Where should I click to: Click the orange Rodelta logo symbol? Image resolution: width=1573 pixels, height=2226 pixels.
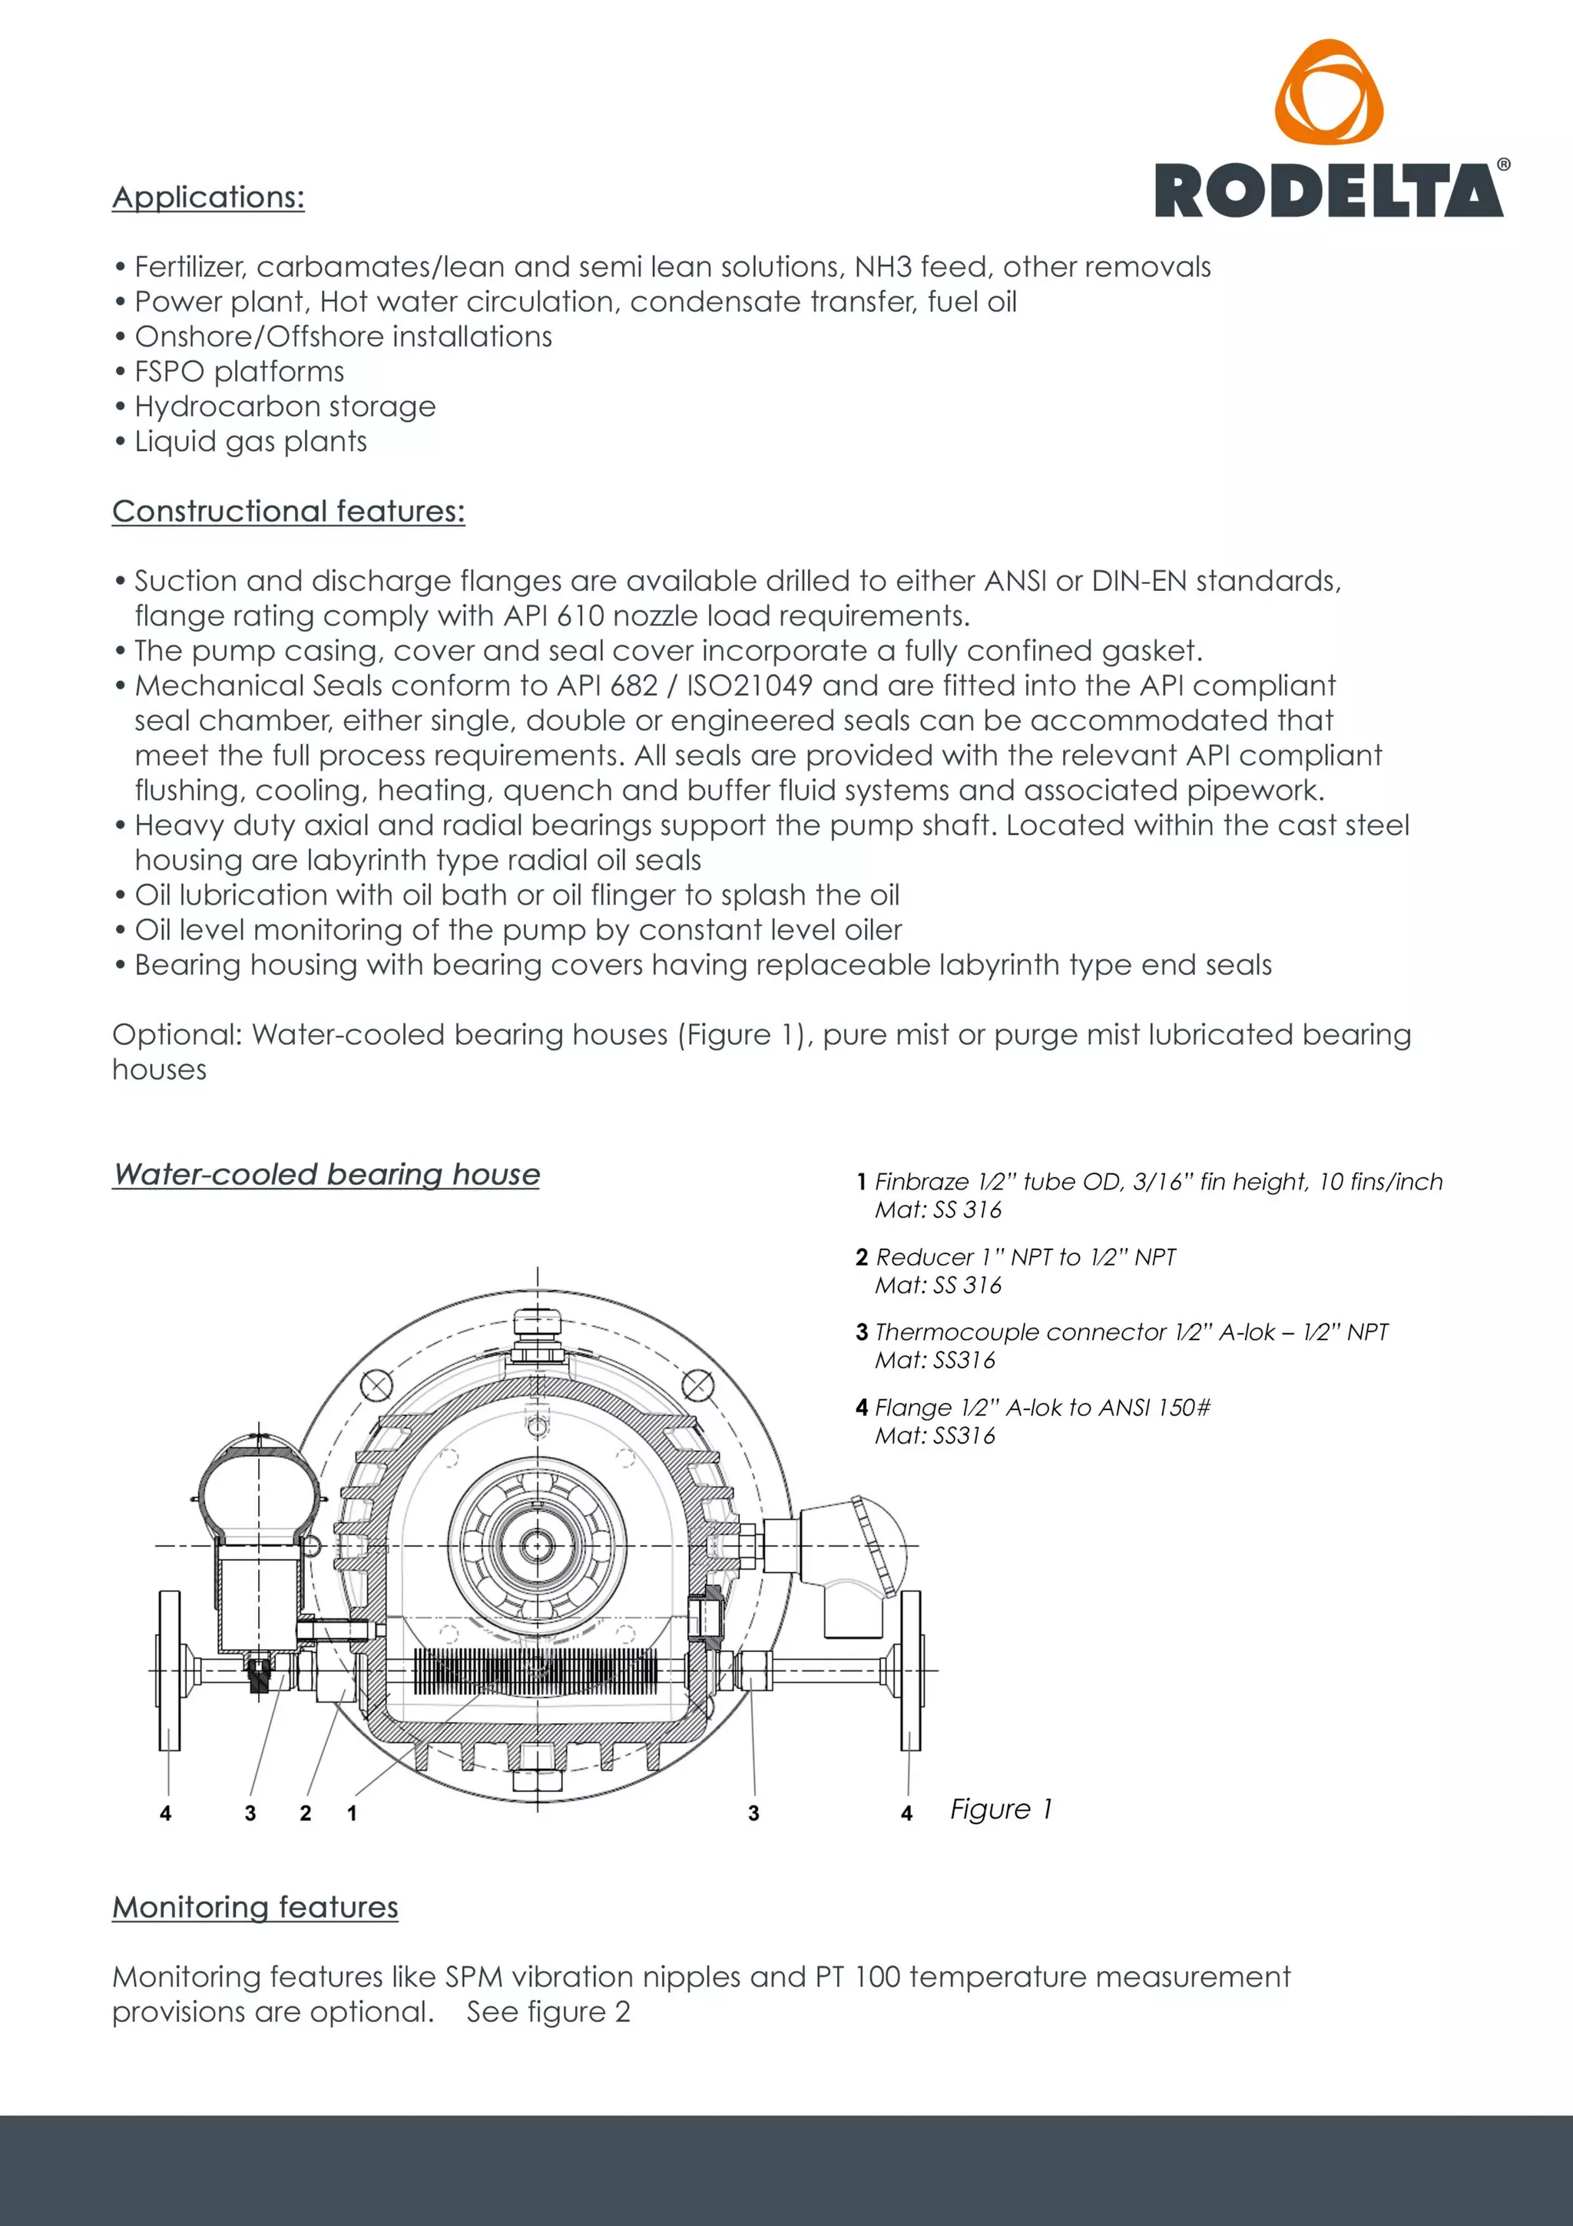pos(1328,93)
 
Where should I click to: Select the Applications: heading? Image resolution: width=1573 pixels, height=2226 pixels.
pos(208,197)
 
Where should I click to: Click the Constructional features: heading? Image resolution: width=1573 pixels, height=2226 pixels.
pos(288,511)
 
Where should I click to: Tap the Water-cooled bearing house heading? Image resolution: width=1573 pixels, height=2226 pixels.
pos(326,1174)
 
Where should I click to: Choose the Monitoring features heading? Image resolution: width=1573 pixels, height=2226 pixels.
pos(255,1907)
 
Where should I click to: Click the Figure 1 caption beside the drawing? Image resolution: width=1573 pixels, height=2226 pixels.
pos(1000,1809)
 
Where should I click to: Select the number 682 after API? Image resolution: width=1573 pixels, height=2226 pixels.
pos(634,685)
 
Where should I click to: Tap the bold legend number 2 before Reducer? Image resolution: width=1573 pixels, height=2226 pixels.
pos(862,1258)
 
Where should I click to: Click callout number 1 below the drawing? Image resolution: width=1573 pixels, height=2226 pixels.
pos(352,1813)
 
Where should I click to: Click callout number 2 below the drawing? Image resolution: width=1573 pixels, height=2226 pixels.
pos(305,1813)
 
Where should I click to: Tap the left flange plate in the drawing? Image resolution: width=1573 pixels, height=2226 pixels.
pos(170,1670)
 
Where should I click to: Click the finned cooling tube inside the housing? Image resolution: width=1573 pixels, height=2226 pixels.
pos(535,1671)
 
